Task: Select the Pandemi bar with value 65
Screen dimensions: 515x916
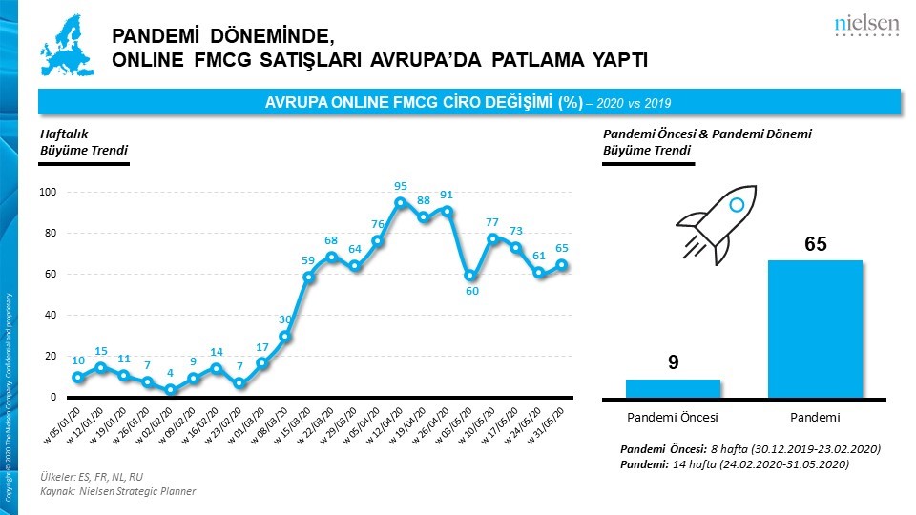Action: tap(816, 328)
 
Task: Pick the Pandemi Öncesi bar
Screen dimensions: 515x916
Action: tap(673, 387)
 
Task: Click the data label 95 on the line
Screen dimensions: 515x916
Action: tap(401, 187)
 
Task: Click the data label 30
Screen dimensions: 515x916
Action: tap(285, 319)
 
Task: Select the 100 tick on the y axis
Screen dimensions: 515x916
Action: tap(49, 193)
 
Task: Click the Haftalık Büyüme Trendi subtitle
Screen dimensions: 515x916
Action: tap(84, 142)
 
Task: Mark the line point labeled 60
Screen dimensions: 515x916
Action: tap(469, 276)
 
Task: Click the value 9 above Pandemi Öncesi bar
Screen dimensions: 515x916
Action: tap(672, 361)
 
